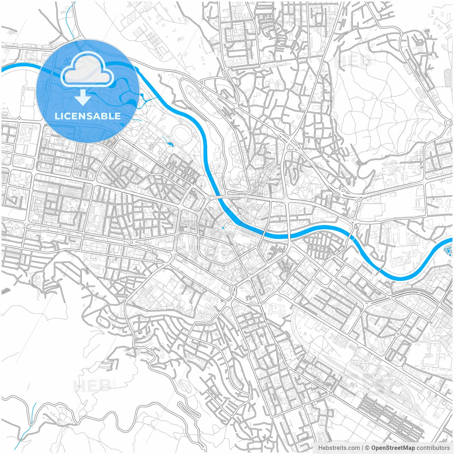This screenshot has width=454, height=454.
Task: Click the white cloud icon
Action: [87, 69]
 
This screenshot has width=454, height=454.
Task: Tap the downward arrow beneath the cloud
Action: [83, 98]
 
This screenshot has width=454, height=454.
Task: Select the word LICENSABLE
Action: [87, 116]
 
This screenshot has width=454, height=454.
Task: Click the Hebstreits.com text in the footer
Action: [339, 448]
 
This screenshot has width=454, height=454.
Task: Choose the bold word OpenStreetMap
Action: [393, 448]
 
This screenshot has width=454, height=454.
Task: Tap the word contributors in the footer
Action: [433, 448]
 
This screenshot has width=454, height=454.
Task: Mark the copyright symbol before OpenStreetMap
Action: [367, 448]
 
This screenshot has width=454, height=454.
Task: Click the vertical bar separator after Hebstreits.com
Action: [362, 448]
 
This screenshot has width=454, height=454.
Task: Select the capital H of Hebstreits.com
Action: [320, 448]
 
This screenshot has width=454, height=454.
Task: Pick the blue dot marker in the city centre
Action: [223, 227]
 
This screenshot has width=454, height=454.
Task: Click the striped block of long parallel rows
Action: [390, 415]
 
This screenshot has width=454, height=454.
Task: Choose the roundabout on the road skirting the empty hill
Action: [448, 123]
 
